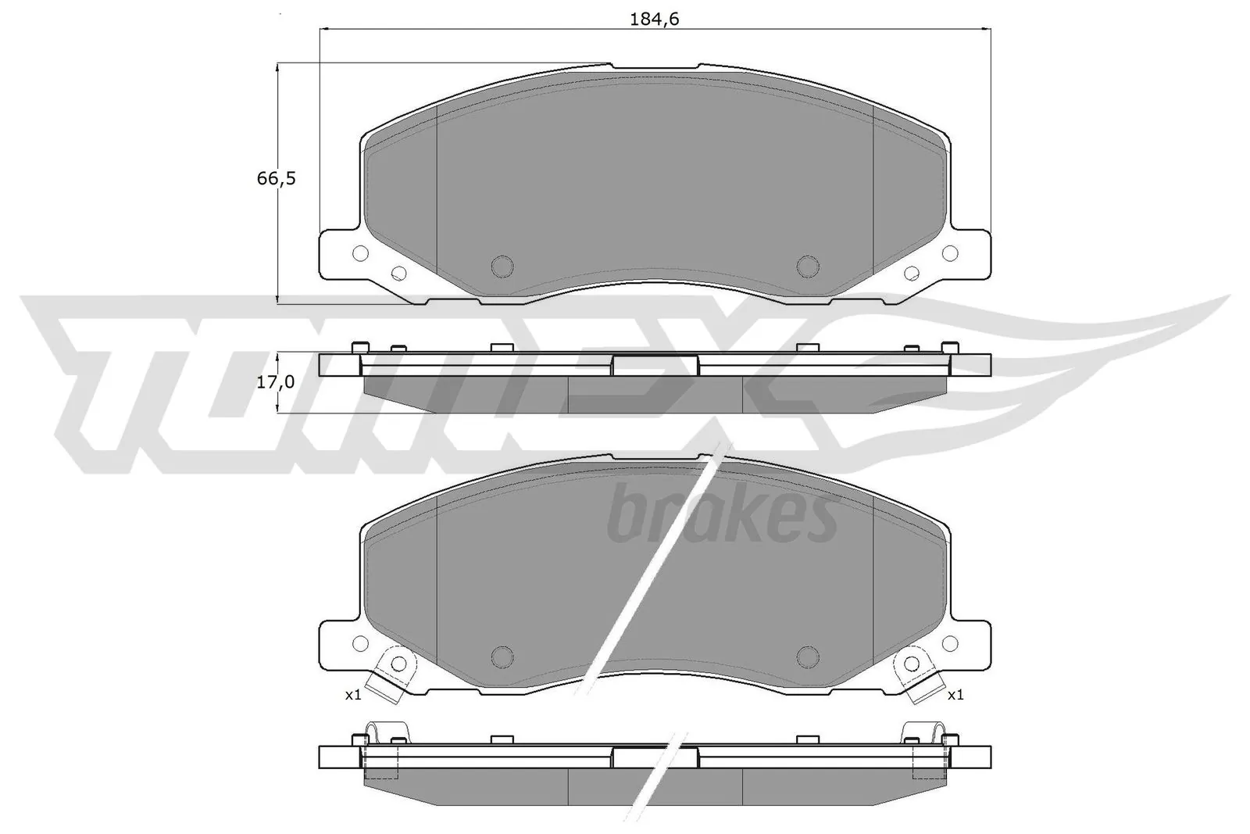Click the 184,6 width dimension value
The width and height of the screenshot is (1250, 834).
tap(655, 20)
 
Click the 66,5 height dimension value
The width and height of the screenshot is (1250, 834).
tap(277, 178)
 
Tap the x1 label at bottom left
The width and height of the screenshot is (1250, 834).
tap(353, 695)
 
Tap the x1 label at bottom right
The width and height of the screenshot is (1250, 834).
tap(955, 695)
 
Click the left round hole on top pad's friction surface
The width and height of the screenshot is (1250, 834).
tap(502, 265)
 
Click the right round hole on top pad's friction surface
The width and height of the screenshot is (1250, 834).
tap(806, 265)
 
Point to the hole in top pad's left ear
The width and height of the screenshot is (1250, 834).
tap(360, 253)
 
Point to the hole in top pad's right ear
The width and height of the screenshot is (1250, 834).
tap(950, 253)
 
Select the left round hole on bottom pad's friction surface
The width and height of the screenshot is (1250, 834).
tap(502, 655)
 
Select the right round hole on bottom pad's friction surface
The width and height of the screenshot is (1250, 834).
tap(806, 655)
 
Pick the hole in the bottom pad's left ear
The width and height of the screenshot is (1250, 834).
tap(360, 643)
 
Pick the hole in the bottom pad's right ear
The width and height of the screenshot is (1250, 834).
tap(950, 643)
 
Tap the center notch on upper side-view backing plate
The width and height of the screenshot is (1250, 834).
tap(655, 365)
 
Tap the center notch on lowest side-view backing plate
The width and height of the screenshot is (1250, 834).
tap(655, 757)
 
